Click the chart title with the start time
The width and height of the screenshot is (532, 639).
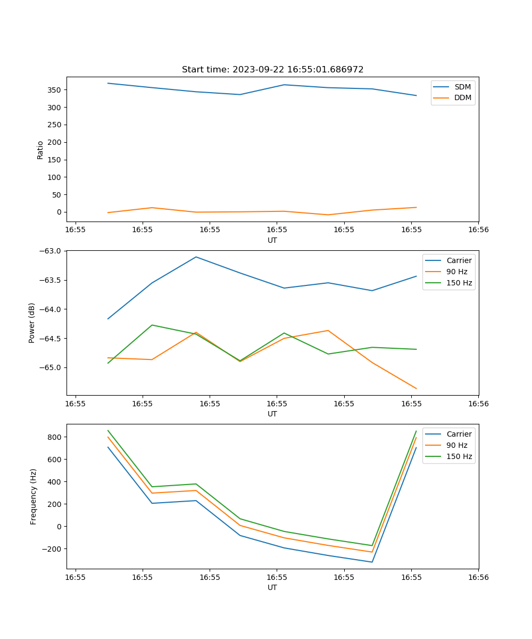click(272, 70)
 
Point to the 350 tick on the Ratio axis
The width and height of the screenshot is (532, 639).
click(55, 90)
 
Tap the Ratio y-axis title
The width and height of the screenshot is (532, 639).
click(40, 150)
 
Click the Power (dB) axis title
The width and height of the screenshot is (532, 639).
click(32, 323)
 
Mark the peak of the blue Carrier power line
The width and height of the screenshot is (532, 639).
click(196, 257)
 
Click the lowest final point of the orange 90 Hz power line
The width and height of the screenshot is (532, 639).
click(416, 389)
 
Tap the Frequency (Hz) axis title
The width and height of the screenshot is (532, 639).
click(34, 496)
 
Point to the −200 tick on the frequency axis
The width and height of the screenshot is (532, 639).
click(53, 549)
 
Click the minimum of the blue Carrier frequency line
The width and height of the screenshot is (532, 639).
click(372, 562)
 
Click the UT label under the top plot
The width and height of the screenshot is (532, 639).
click(272, 240)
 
